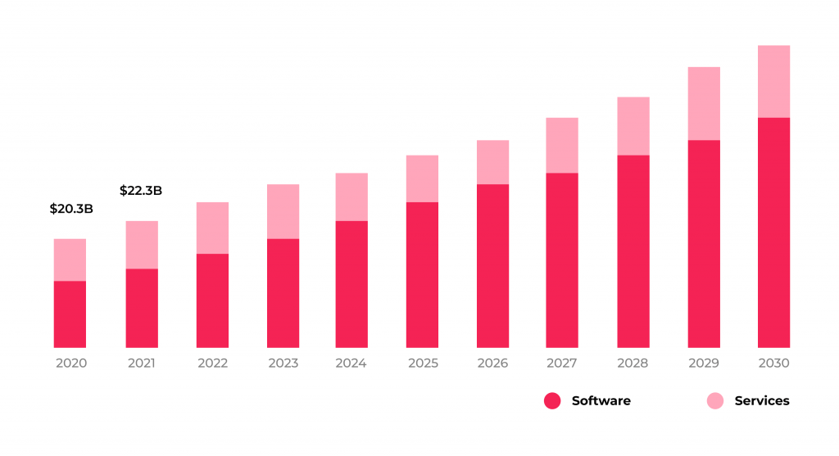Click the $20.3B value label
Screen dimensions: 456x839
[x=71, y=209]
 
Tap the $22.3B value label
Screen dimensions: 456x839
[x=141, y=191]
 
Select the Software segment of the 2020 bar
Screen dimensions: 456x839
[x=70, y=314]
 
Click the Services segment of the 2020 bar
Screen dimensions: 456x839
[x=70, y=260]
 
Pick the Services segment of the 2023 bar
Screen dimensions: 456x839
[x=283, y=211]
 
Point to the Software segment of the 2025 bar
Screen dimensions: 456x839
[x=422, y=274]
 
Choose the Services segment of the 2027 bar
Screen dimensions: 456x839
[x=562, y=145]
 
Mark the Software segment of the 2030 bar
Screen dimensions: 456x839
[x=773, y=233]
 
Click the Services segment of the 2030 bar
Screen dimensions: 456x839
[x=773, y=81]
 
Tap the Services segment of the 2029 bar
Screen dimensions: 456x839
[x=704, y=103]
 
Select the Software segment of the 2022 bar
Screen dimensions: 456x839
[x=212, y=300]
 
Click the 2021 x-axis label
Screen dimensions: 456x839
[x=142, y=363]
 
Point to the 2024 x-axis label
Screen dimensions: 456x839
[x=351, y=363]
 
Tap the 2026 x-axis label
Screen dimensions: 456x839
[x=492, y=363]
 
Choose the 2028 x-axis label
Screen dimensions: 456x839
[x=633, y=363]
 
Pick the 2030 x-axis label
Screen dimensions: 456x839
[x=773, y=363]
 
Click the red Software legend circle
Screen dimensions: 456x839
[x=552, y=401]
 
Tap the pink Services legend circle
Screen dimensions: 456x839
[x=715, y=401]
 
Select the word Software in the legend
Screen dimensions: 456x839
[x=601, y=401]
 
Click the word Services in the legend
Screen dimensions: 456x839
[x=762, y=401]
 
